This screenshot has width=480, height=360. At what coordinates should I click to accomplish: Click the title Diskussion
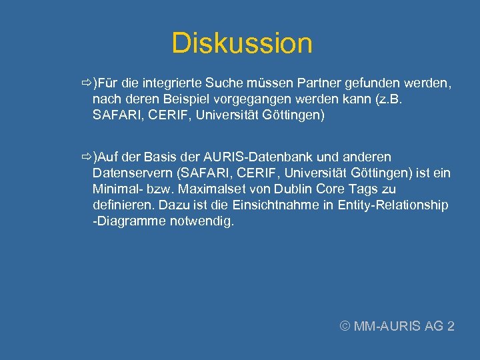click(x=241, y=43)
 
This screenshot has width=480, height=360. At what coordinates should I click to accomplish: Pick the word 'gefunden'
click(x=370, y=83)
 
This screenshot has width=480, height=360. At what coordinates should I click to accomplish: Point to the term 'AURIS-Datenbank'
click(x=257, y=157)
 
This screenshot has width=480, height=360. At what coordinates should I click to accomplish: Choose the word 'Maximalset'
click(x=199, y=189)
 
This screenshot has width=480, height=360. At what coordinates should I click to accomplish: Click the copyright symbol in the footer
click(x=345, y=326)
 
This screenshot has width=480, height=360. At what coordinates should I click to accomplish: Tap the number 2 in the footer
click(x=451, y=326)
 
